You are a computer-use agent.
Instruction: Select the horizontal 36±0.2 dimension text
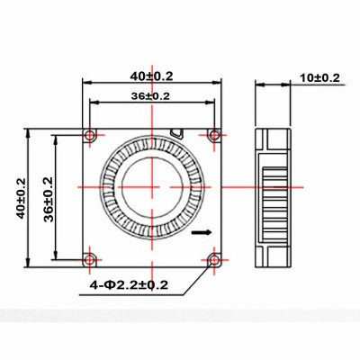[x=151, y=95]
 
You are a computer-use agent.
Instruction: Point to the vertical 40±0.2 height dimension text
[x=21, y=195]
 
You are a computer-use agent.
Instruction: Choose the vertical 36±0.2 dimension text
[x=47, y=196]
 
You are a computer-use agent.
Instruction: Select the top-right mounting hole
[x=214, y=135]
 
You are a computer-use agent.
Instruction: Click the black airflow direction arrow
[x=204, y=232]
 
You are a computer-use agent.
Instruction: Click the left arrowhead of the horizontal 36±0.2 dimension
[x=93, y=104]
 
